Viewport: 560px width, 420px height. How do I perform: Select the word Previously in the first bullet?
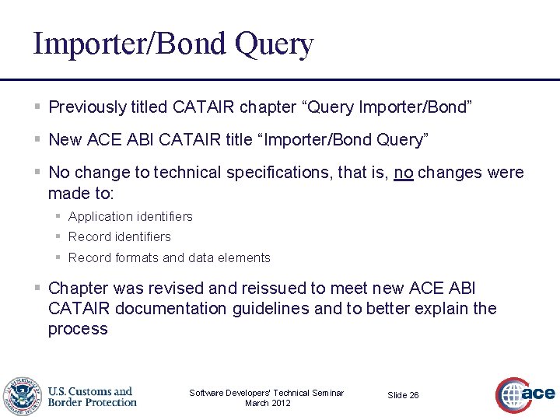click(x=86, y=107)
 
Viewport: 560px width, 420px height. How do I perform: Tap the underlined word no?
click(x=403, y=172)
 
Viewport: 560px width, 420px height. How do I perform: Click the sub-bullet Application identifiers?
click(x=130, y=216)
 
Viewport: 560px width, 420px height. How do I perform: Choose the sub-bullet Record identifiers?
click(x=119, y=236)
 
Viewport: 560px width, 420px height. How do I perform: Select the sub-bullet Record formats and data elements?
click(x=169, y=257)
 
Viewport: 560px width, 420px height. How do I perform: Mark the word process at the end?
click(x=78, y=329)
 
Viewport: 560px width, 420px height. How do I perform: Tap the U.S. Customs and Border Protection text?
click(x=92, y=397)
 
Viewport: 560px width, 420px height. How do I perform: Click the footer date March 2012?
click(x=267, y=403)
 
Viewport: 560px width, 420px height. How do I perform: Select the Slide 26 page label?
click(x=403, y=395)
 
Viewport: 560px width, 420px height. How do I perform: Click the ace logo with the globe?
click(x=525, y=394)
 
